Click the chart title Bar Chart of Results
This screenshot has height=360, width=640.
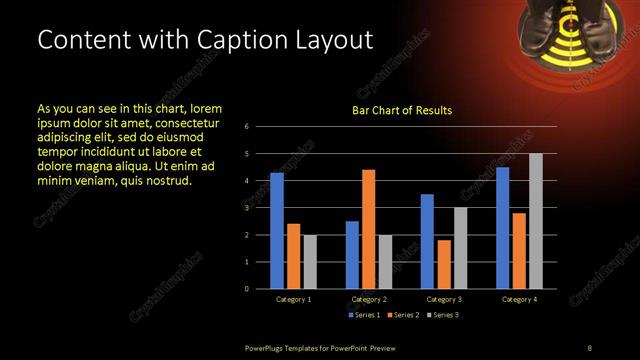tap(401, 110)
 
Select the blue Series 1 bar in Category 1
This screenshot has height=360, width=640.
tap(277, 230)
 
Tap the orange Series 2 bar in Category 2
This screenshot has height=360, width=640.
tap(369, 228)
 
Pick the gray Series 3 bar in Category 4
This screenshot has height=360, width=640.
tap(536, 221)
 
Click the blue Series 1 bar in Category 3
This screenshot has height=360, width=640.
tap(427, 241)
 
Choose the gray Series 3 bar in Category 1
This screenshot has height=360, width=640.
tap(309, 261)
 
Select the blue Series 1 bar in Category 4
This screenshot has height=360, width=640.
tap(503, 227)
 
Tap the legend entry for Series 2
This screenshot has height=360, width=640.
tap(403, 315)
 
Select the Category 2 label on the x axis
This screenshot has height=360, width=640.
tap(368, 299)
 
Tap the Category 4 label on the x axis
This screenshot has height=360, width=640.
tap(519, 299)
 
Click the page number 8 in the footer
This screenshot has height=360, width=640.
tap(589, 347)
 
